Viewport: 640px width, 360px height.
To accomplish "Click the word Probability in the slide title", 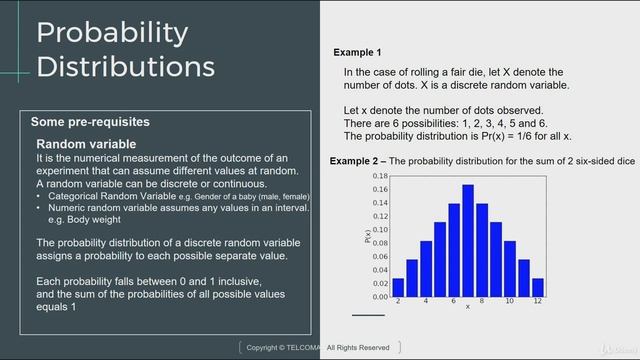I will (112, 32).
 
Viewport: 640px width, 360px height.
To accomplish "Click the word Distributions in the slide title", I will (125, 66).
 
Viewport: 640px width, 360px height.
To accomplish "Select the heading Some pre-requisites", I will (90, 122).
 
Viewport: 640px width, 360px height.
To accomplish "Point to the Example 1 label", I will (357, 52).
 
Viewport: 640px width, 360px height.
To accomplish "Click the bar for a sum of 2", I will (398, 287).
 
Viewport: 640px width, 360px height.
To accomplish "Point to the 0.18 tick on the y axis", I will (379, 175).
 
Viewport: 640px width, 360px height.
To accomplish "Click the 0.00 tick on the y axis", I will (379, 297).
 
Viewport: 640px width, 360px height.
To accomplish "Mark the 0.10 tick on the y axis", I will (379, 229).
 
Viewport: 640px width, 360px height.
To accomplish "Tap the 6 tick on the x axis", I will (453, 301).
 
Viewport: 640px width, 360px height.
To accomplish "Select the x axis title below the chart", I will (467, 307).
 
